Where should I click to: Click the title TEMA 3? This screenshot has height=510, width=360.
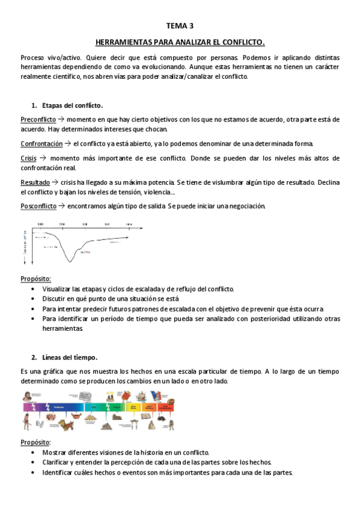click(180, 26)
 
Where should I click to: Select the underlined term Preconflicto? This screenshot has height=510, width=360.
click(38, 120)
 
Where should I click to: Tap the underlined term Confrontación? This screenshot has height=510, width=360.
click(41, 144)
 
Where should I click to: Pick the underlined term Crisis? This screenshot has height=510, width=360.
click(28, 158)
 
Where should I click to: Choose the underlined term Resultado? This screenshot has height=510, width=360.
click(35, 182)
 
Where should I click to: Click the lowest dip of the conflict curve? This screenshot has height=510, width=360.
click(70, 261)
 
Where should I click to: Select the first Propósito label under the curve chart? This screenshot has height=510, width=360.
click(35, 279)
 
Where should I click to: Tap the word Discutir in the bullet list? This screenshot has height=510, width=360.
click(55, 299)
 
